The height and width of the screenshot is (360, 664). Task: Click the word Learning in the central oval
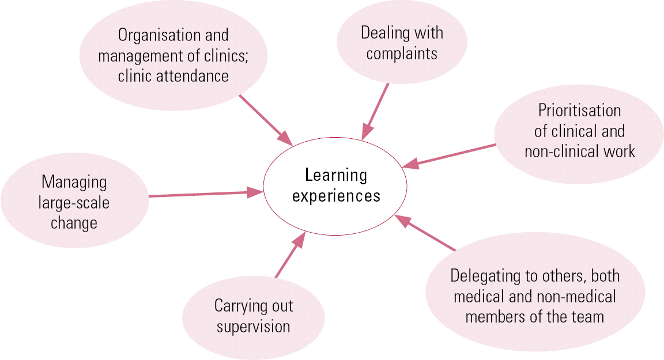point(336,176)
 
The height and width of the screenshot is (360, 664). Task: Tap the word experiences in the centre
point(336,196)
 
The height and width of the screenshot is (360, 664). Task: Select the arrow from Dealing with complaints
point(375,111)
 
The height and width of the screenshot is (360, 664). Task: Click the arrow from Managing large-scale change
point(206,194)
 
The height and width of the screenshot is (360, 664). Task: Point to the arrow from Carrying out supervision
point(290,255)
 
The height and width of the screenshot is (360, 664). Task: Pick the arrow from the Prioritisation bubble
point(449,156)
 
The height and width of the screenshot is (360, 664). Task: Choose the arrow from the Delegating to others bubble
point(425,233)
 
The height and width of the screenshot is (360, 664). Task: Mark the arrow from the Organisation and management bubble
point(266,120)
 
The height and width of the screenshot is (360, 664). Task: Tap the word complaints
point(402,54)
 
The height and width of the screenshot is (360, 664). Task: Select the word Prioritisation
point(579,111)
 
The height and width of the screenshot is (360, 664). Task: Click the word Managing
point(74,183)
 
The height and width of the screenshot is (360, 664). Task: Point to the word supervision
point(253,327)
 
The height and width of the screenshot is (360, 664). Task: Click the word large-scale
point(74,203)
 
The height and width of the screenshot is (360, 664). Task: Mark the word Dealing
point(379,33)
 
